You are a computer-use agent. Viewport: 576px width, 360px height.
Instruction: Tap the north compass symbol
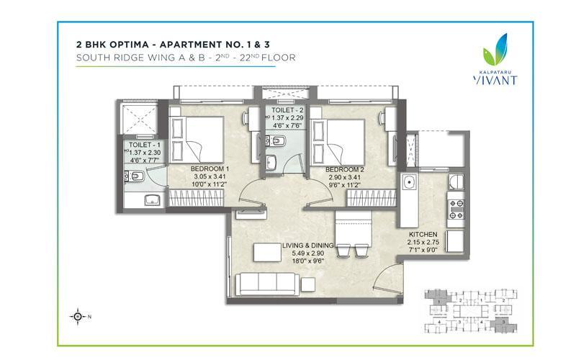[78, 316]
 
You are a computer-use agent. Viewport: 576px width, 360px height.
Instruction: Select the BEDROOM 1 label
[210, 169]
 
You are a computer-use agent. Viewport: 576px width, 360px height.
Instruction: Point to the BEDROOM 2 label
[345, 170]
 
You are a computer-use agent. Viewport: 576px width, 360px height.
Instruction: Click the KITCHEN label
[423, 235]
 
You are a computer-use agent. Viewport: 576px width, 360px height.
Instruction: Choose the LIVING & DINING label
[308, 246]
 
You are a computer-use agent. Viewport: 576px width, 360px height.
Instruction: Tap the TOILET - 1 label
[145, 145]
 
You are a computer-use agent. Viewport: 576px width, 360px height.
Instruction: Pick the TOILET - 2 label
[287, 110]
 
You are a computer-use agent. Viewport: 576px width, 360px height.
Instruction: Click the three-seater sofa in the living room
[267, 284]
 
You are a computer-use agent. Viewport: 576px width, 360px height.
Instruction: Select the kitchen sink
[408, 181]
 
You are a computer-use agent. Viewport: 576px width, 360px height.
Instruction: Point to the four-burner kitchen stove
[456, 209]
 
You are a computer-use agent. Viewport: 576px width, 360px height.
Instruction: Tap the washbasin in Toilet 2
[271, 162]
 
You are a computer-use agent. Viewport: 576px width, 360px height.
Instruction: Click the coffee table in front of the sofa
[267, 252]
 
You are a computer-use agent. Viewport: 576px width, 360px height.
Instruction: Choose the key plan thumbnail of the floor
[471, 311]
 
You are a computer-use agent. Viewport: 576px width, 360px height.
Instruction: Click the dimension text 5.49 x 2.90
[308, 253]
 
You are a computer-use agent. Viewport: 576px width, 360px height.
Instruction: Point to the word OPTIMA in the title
[128, 45]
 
